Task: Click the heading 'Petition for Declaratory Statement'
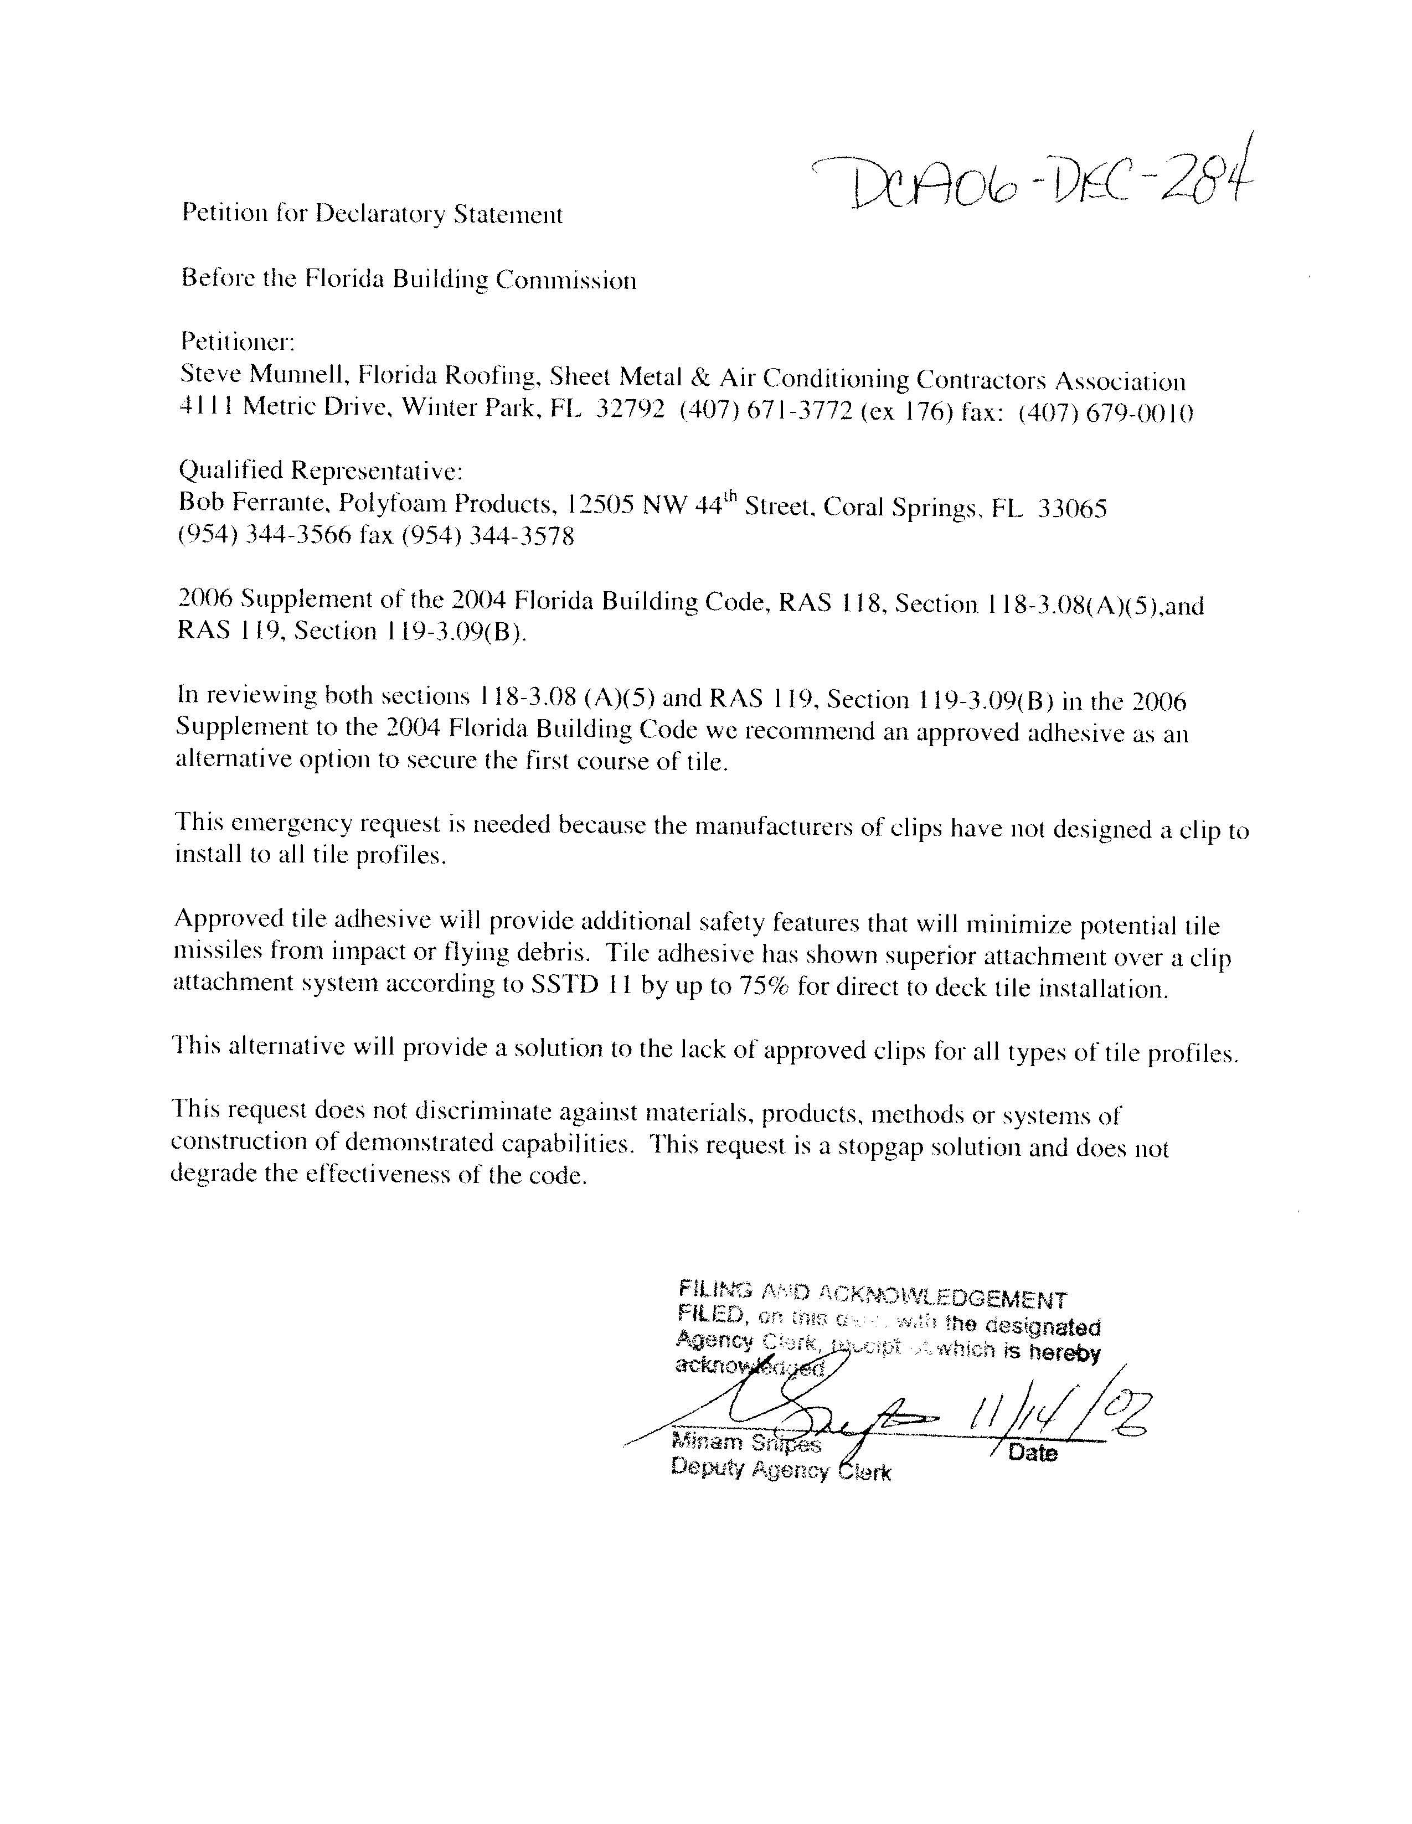click(372, 215)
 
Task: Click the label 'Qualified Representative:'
click(321, 471)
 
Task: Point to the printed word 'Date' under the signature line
click(1033, 1453)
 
